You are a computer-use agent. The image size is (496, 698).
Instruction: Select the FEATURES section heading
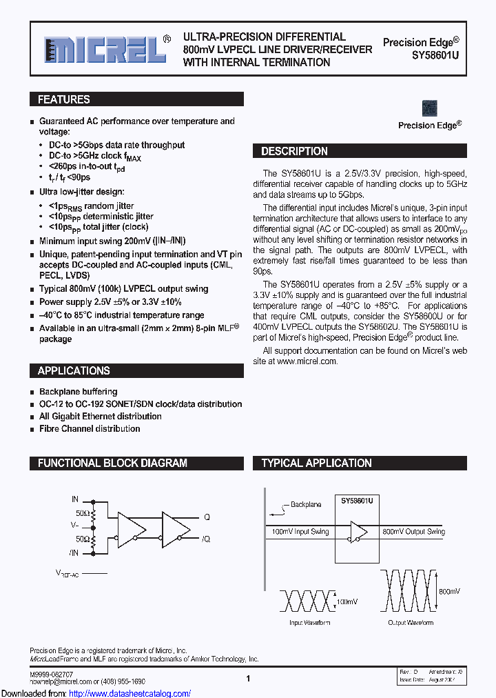point(64,99)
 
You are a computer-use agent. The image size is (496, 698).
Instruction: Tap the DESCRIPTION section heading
point(294,151)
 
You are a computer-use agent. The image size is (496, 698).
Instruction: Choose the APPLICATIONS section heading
point(74,370)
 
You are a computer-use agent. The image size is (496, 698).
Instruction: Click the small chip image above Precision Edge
point(429,108)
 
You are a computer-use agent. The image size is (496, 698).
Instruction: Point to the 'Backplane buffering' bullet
point(78,392)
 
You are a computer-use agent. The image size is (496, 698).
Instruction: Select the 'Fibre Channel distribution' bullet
point(90,428)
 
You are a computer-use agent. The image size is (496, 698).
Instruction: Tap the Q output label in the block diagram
point(207,517)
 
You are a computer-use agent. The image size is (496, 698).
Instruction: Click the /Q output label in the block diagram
point(205,539)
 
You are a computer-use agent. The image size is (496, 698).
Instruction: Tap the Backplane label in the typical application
point(306,505)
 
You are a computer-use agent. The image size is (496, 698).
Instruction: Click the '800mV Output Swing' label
point(414,532)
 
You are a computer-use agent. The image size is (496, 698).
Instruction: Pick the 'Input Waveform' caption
point(309,623)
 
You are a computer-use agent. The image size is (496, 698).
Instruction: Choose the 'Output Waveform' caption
point(411,623)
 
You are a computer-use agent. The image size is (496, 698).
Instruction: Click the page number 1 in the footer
point(247,679)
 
